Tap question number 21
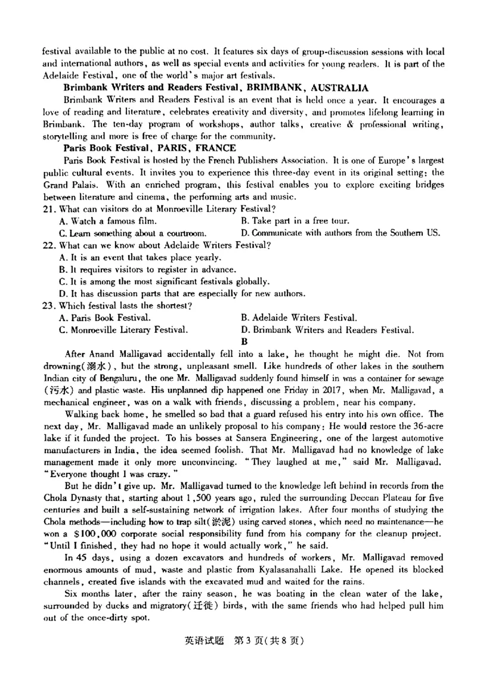click(48, 209)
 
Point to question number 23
click(48, 306)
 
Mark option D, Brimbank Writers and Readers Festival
click(327, 329)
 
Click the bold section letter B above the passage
click(243, 342)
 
